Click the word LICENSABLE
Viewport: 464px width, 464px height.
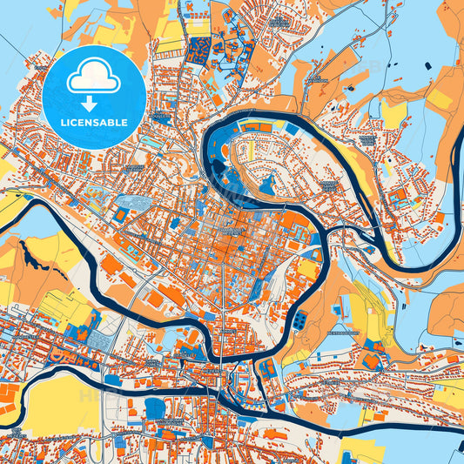click(95, 122)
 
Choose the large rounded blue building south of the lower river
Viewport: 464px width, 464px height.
click(157, 407)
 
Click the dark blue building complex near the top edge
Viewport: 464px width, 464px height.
click(198, 49)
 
